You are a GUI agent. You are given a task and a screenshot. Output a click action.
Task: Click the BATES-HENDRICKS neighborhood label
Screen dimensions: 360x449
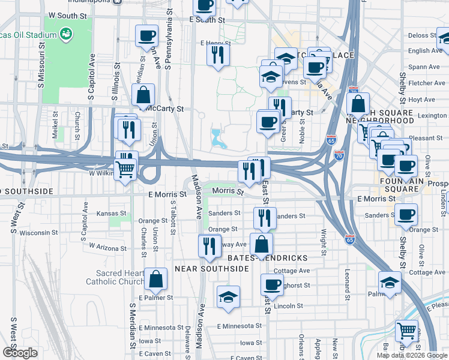pos(268,258)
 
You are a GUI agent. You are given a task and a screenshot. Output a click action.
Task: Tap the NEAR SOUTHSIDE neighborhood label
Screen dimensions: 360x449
pos(211,269)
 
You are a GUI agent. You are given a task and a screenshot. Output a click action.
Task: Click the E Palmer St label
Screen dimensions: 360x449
pos(155,297)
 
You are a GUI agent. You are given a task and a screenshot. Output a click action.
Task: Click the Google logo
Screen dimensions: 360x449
pos(20,353)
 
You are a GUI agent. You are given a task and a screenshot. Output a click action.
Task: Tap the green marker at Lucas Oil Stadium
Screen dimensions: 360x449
pos(66,35)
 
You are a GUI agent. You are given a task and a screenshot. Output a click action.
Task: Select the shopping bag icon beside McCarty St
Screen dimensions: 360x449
pos(143,95)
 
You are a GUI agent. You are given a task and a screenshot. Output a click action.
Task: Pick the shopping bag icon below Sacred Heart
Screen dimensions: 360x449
pos(155,279)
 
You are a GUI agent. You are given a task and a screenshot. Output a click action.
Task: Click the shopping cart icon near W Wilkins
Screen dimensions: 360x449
pos(125,169)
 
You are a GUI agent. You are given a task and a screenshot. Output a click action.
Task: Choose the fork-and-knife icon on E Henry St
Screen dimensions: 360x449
pos(217,55)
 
